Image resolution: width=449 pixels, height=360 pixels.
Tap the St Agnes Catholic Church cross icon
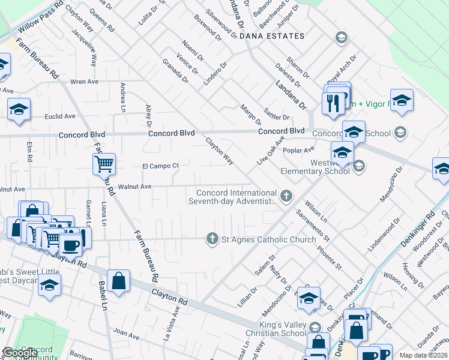pyautogui.click(x=212, y=239)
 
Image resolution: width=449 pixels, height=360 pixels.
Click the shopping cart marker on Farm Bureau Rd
pyautogui.click(x=104, y=163)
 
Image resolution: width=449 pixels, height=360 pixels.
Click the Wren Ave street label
pyautogui.click(x=84, y=82)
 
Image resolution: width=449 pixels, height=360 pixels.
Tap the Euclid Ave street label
pyautogui.click(x=61, y=116)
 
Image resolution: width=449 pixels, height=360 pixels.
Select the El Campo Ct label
pyautogui.click(x=160, y=166)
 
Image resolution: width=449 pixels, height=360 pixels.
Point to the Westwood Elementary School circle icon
pyautogui.click(x=359, y=166)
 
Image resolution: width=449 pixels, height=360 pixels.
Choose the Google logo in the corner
pyautogui.click(x=20, y=353)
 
